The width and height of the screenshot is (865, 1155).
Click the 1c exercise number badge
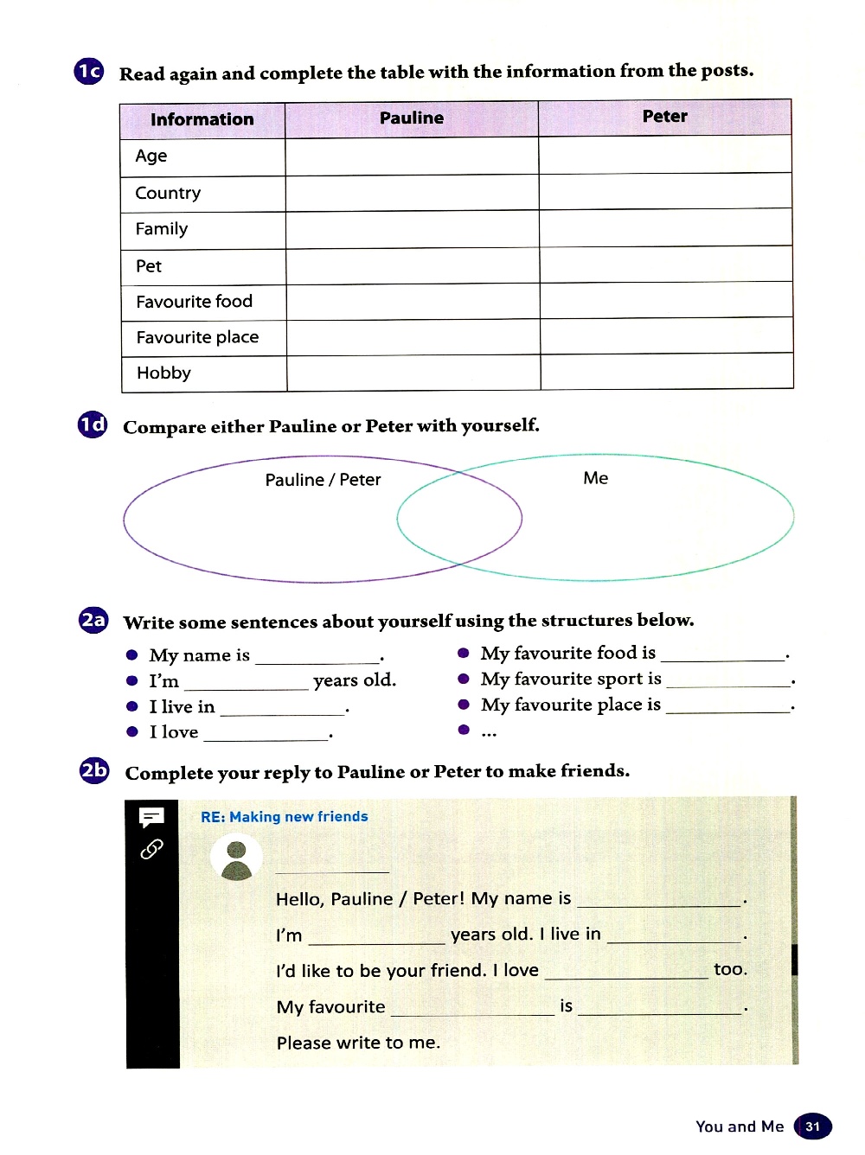89,71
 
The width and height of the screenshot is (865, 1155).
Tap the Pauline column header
412,118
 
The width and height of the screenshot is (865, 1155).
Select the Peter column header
664,117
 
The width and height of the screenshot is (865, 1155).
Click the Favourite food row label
195,302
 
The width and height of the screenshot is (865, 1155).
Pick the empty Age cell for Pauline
412,157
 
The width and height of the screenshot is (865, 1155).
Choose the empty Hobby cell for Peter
666,372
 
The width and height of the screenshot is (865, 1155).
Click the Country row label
168,193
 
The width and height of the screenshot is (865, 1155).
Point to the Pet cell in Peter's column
665,265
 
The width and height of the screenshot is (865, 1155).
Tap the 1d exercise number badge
93,424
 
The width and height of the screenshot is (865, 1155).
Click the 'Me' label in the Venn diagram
595,478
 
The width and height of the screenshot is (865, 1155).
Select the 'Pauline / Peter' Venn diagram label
323,480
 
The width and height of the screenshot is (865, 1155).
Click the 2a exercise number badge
93,620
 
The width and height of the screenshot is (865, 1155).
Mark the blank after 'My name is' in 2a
317,657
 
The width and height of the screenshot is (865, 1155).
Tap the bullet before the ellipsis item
464,731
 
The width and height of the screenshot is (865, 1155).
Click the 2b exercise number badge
94,769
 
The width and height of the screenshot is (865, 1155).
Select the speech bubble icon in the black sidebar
151,817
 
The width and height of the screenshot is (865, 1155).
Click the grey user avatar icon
236,858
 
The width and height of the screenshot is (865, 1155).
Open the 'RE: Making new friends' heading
285,817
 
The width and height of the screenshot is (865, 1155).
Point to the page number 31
812,1126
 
